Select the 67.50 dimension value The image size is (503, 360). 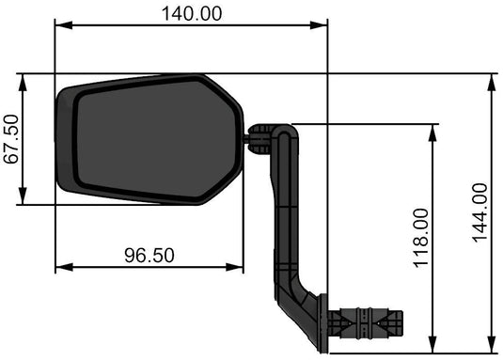[11, 139]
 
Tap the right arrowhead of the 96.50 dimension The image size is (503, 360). [237, 268]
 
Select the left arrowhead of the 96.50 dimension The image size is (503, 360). [61, 268]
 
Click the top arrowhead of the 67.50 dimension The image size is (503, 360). [23, 80]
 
